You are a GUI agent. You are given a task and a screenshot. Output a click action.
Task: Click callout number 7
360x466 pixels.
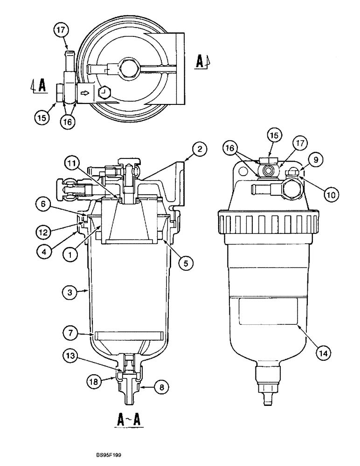point(69,333)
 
